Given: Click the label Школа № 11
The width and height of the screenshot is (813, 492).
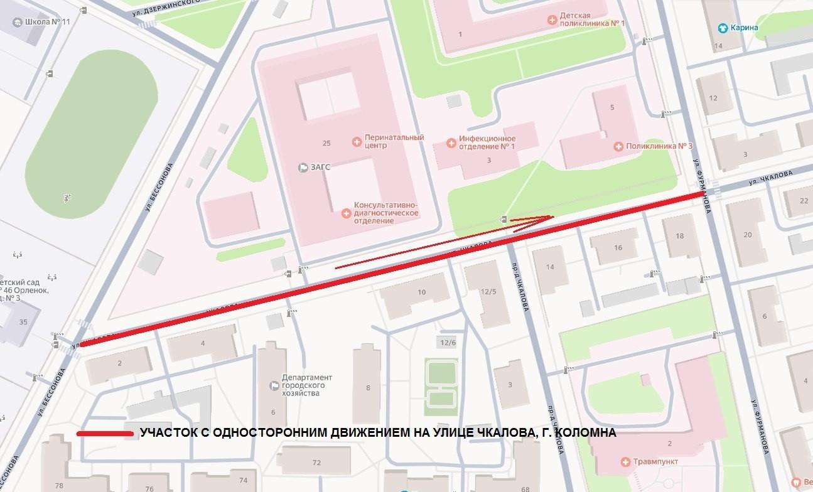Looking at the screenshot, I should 47,22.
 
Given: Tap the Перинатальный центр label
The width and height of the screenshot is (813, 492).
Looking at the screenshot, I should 385,142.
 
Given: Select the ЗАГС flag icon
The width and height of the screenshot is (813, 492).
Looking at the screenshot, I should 303,168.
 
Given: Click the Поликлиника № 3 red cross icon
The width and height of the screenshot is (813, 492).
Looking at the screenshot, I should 618,146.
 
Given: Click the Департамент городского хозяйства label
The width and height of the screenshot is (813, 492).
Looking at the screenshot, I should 307,385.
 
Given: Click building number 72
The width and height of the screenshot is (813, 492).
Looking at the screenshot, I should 316,463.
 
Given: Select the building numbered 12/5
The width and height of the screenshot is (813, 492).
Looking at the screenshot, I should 489,291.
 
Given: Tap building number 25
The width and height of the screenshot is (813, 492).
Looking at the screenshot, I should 326,143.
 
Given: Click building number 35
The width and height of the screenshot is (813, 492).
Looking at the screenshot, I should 23,322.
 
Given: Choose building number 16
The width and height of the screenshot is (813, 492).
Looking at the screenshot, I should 618,248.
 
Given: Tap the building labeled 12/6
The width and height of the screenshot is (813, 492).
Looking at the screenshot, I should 448,342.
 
